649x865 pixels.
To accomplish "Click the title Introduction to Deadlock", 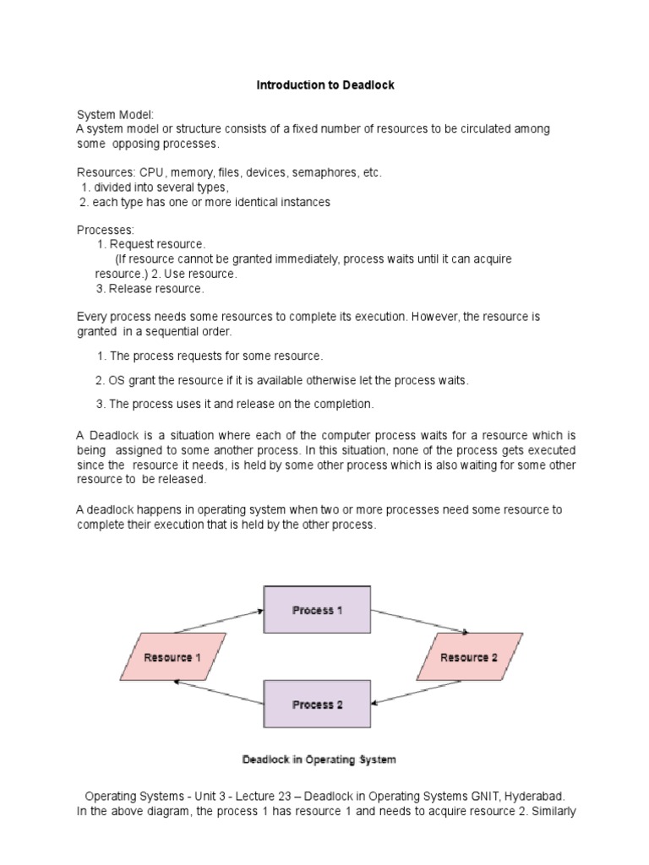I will tap(325, 85).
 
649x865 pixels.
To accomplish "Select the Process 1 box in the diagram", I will tap(317, 610).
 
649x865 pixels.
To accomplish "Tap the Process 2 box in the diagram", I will tap(317, 704).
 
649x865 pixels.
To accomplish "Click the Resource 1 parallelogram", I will tap(172, 656).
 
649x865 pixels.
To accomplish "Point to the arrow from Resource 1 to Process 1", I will tap(218, 618).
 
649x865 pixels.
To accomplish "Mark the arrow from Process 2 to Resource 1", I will tap(218, 694).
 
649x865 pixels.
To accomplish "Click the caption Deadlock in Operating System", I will tap(319, 759).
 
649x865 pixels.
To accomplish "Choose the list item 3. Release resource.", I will tap(150, 288).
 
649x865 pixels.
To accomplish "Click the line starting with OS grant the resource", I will tap(281, 380).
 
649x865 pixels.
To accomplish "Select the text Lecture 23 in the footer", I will tap(251, 796).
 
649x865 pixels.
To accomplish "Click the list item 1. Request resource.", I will tap(151, 244).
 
